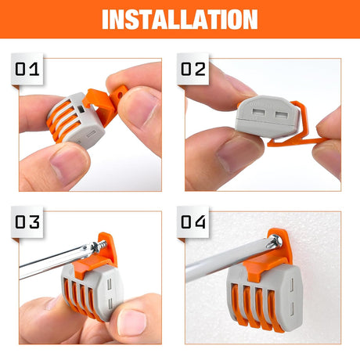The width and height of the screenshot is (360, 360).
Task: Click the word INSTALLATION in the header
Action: (179, 19)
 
